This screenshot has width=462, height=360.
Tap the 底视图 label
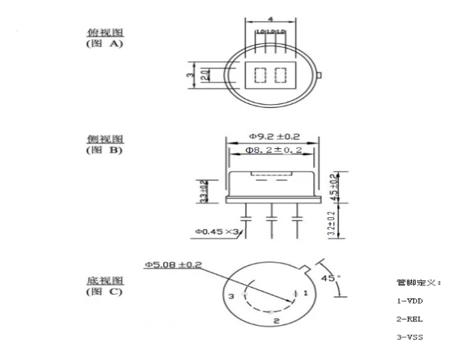104,280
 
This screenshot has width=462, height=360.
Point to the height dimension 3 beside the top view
191,74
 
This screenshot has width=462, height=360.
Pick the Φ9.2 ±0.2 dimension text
272,136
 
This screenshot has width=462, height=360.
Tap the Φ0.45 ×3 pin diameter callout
218,231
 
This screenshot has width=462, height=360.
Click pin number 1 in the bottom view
305,292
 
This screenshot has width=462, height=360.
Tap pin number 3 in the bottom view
233,295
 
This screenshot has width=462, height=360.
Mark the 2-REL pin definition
410,320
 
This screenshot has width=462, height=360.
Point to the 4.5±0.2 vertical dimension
334,186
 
